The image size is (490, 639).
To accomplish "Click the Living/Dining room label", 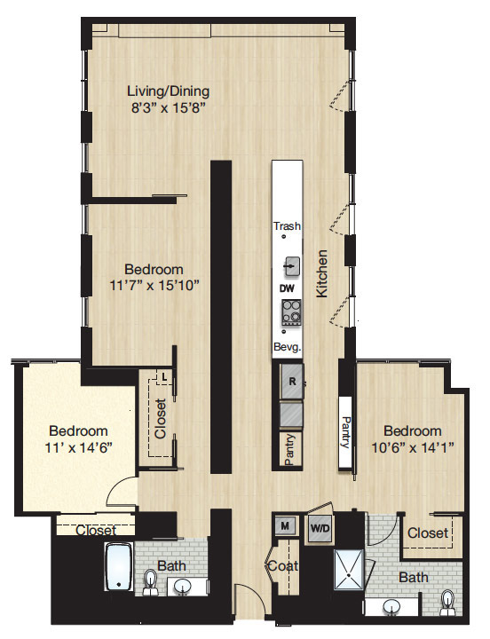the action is pyautogui.click(x=169, y=91).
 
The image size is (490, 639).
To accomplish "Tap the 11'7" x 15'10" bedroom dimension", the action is pyautogui.click(x=154, y=285).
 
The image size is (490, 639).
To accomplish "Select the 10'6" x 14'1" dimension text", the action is pyautogui.click(x=413, y=448).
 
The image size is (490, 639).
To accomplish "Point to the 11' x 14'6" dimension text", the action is pyautogui.click(x=79, y=448).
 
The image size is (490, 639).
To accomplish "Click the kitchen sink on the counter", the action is pyautogui.click(x=292, y=266).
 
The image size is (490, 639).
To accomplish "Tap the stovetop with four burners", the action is pyautogui.click(x=291, y=312).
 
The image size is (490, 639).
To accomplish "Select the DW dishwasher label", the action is pyautogui.click(x=287, y=288).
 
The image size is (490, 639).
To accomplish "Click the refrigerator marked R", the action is pyautogui.click(x=292, y=382).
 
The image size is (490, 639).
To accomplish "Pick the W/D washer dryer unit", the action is pyautogui.click(x=320, y=529).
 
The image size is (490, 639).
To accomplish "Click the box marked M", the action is pyautogui.click(x=285, y=525).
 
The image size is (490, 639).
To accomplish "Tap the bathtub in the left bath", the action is pyautogui.click(x=119, y=566).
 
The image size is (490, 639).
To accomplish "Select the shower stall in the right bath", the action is pyautogui.click(x=349, y=569).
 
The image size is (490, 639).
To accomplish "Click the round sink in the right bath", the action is pyautogui.click(x=392, y=607).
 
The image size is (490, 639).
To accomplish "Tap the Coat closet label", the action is pyautogui.click(x=283, y=565).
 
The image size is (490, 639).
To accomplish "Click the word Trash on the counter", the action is pyautogui.click(x=288, y=225).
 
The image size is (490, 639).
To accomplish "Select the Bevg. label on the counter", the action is pyautogui.click(x=288, y=348).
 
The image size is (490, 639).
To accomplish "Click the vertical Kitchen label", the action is pyautogui.click(x=321, y=273).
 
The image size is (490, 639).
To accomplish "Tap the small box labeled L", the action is pyautogui.click(x=164, y=377).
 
